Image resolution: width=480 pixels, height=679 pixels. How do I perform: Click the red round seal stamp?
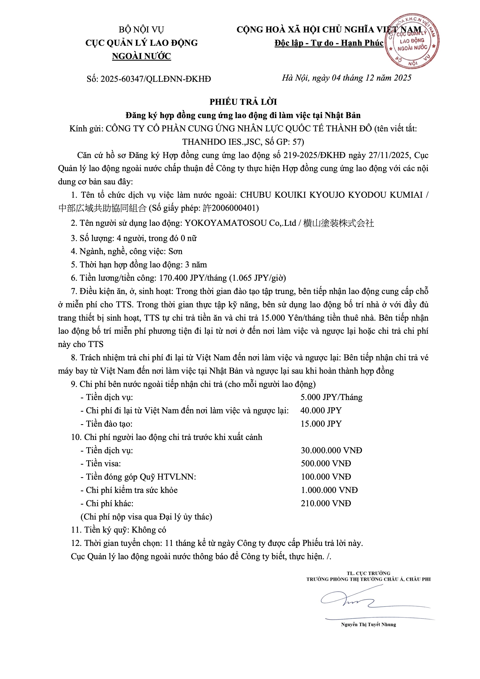coord(412,41)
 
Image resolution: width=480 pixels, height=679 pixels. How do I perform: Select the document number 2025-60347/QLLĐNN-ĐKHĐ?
coord(156,79)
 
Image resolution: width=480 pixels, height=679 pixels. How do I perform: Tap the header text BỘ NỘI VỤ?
coord(141,30)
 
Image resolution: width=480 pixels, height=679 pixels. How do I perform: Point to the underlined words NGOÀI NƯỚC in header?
coord(141,56)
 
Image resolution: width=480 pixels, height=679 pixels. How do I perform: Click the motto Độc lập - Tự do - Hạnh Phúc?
coord(329,43)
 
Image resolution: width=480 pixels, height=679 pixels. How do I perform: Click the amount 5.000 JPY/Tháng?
coord(331,397)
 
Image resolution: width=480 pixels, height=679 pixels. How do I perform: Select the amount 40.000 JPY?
coord(321,410)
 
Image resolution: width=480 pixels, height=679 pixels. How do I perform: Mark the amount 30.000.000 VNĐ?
coord(331,450)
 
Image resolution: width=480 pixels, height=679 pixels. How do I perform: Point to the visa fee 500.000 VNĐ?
coord(326,463)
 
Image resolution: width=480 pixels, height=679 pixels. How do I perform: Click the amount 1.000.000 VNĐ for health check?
coord(329,490)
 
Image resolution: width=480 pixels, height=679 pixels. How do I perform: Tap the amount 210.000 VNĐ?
coord(326,503)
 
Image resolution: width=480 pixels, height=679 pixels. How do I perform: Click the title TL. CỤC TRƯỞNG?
coord(368,573)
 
